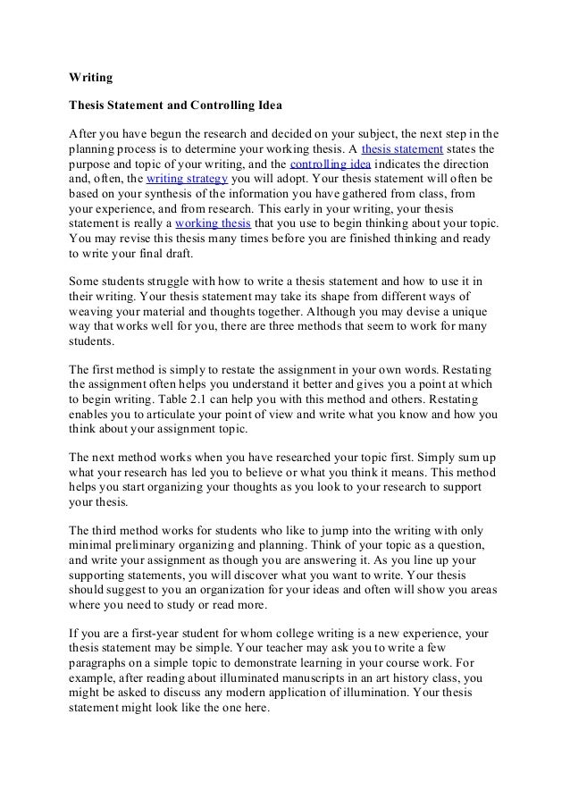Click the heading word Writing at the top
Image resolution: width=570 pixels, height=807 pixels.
91,77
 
